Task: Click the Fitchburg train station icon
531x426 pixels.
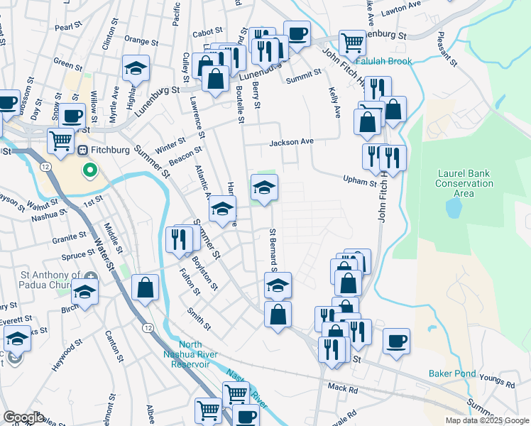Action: tap(82, 151)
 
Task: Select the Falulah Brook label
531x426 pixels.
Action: tap(383, 62)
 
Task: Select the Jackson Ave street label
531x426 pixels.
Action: tap(291, 142)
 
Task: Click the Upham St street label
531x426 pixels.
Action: tap(359, 182)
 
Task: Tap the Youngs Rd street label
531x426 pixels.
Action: tap(502, 385)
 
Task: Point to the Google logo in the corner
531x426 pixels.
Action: tap(23, 417)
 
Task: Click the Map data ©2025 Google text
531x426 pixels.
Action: tap(487, 420)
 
